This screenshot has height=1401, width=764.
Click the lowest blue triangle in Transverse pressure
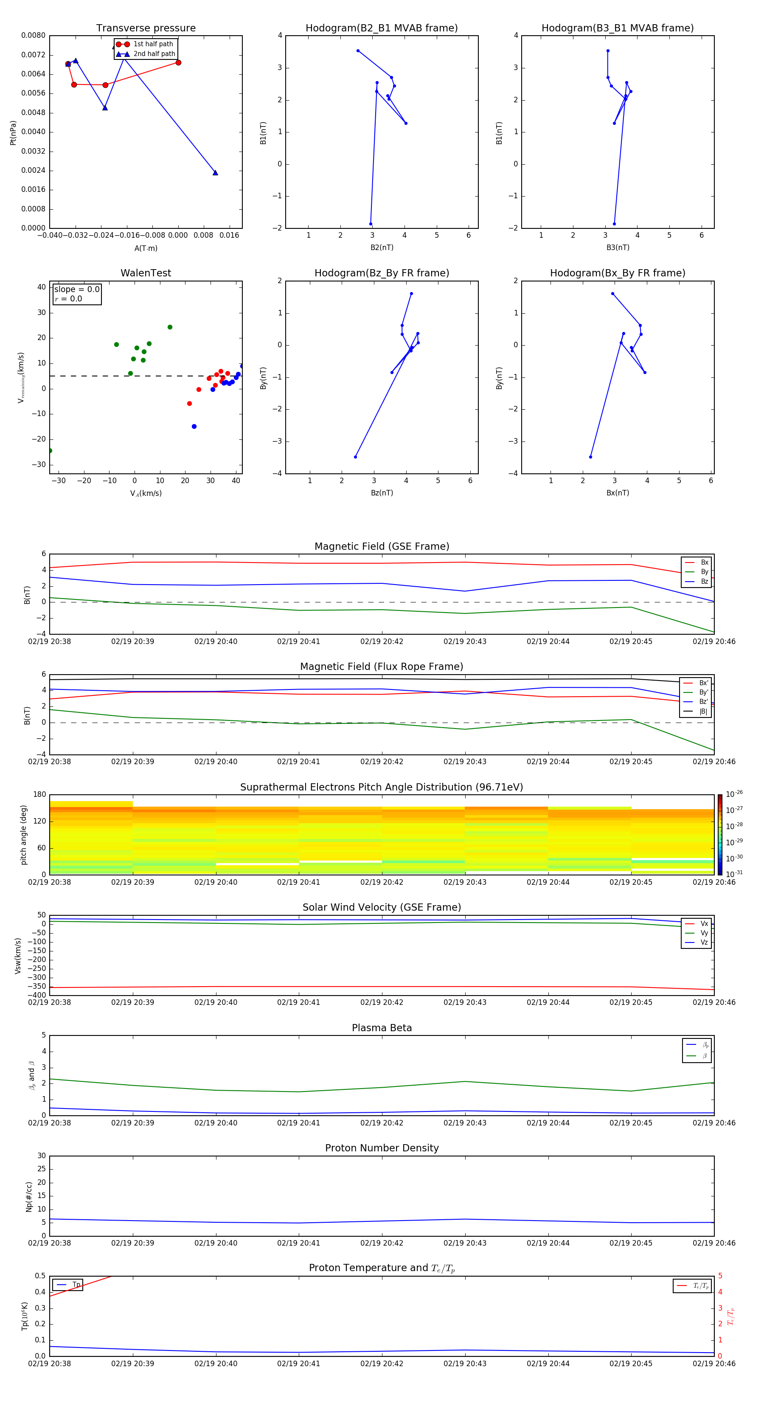click(215, 173)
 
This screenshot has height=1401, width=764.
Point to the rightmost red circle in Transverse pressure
click(178, 62)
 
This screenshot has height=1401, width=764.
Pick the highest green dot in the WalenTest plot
click(170, 327)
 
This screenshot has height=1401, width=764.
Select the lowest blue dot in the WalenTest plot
click(194, 426)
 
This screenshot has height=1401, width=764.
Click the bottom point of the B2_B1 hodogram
click(371, 224)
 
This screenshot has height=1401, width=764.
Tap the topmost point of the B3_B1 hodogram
click(608, 51)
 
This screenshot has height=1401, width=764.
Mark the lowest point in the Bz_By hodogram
click(356, 457)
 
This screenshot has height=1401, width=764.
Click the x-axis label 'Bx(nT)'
click(618, 493)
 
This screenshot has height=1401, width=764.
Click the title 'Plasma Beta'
click(382, 1028)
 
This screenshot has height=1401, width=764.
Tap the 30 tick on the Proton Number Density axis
click(41, 1156)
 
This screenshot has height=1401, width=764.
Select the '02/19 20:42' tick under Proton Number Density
click(382, 1243)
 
